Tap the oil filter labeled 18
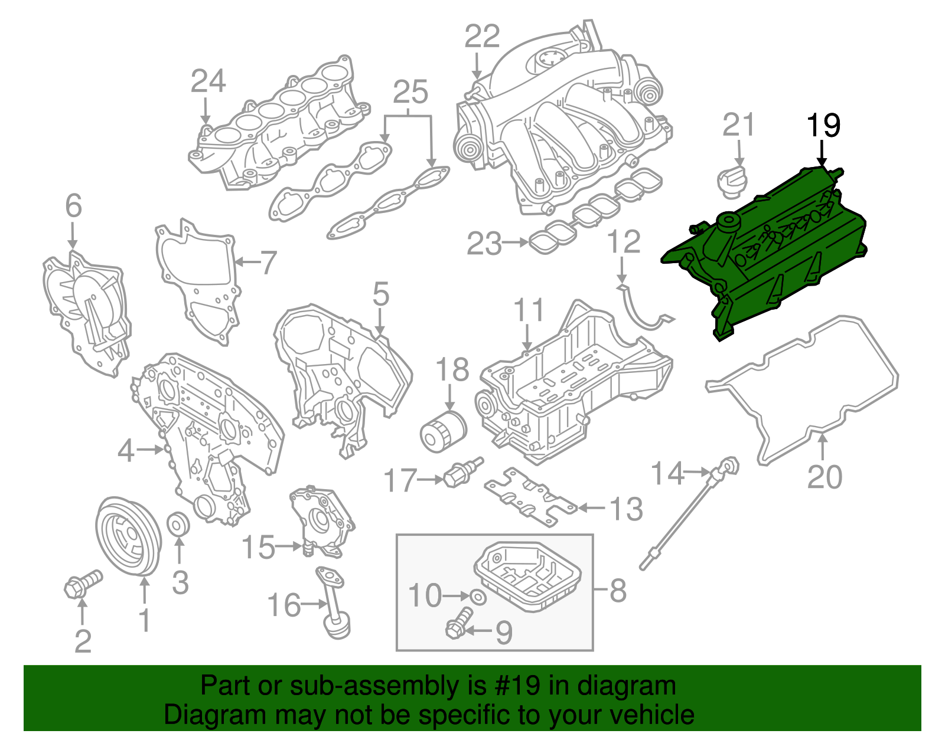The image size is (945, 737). [442, 433]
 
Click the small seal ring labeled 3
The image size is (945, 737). [178, 524]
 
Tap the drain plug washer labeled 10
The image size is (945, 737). [479, 597]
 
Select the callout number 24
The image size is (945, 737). [208, 81]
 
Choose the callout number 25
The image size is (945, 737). [410, 92]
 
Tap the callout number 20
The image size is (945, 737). [825, 477]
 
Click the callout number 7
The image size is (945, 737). [269, 262]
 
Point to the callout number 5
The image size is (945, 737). [381, 294]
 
